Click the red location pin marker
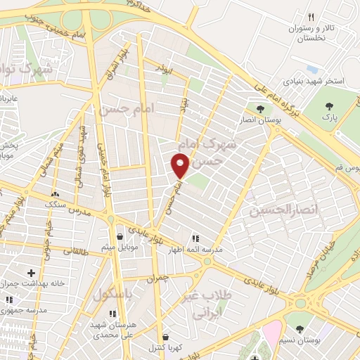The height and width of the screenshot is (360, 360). click(x=181, y=166)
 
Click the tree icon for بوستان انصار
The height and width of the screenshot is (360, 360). click(x=261, y=109)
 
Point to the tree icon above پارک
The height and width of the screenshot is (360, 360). click(x=328, y=106)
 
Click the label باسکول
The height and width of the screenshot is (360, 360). click(x=112, y=292)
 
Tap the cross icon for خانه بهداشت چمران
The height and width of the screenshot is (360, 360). click(x=30, y=272)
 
